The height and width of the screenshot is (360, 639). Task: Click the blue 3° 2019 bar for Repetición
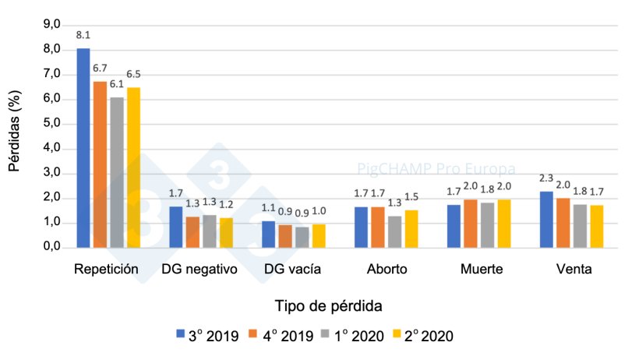coord(83,148)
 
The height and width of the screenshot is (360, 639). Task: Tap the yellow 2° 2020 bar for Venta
coord(597,227)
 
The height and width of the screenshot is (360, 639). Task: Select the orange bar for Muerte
coord(470,224)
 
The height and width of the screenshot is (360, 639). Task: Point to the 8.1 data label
coord(83,36)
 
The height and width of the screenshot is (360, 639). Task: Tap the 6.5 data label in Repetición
coord(134,75)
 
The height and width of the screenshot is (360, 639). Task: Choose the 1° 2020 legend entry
coord(351,336)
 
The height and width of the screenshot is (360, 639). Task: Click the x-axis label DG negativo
coord(199,270)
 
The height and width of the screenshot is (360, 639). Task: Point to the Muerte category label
coord(481,270)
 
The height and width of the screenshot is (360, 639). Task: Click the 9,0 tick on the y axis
coord(51,25)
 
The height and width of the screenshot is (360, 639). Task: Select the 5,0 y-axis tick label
coord(51,124)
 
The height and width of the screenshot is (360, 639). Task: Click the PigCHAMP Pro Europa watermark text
coord(436,168)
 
